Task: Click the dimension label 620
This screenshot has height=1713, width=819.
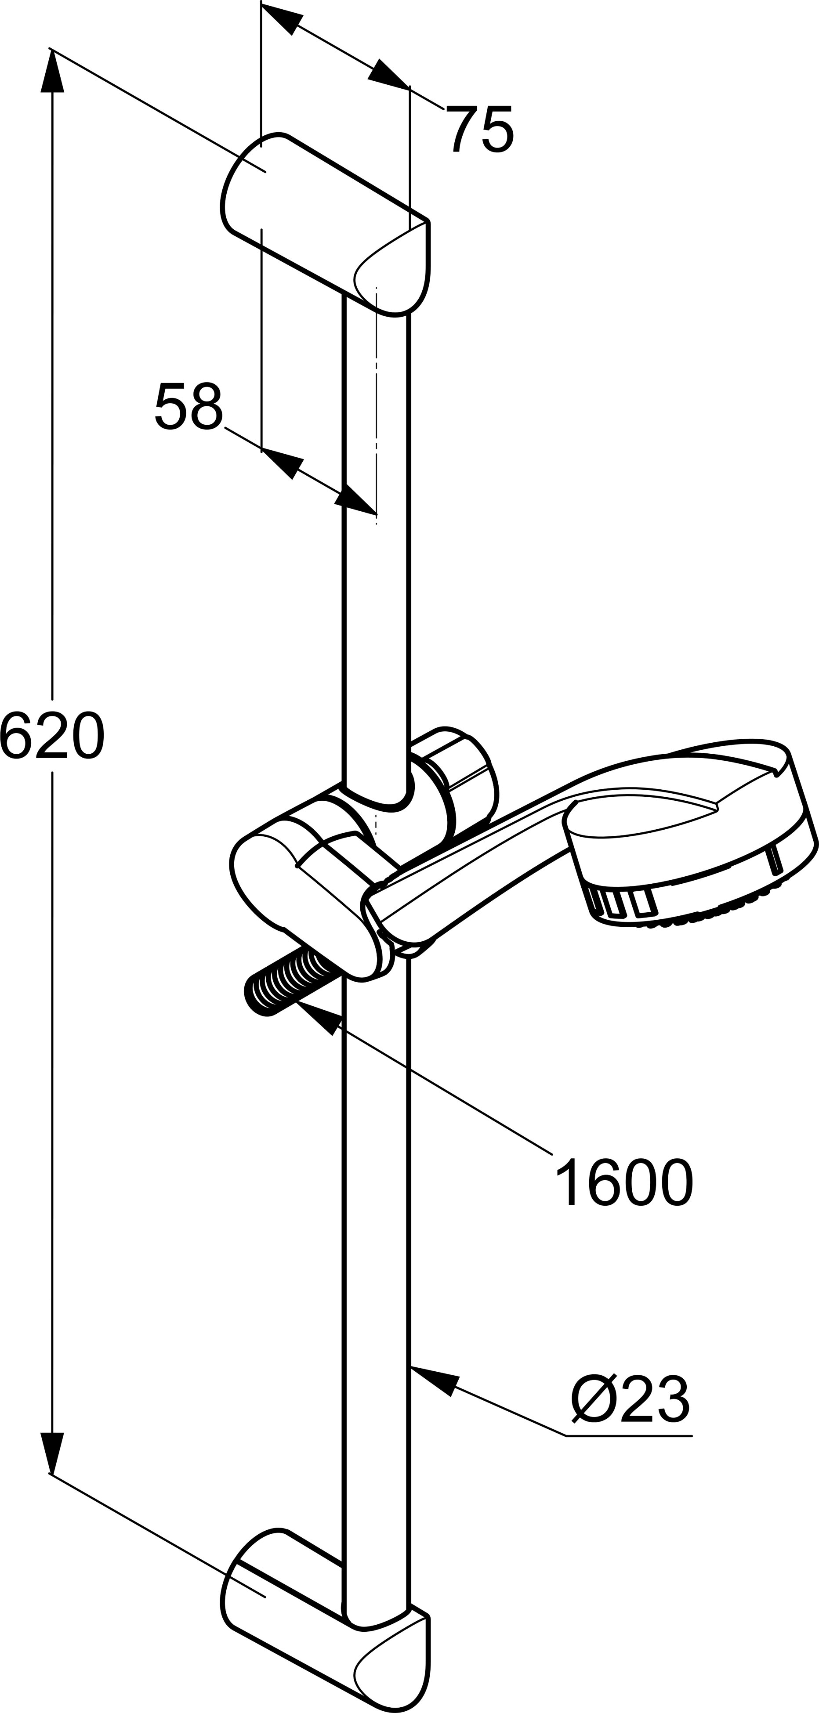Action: click(52, 735)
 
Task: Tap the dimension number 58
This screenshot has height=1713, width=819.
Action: click(188, 406)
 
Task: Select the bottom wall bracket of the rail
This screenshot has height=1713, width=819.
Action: click(326, 1623)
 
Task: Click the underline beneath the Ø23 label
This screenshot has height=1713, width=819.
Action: click(629, 1436)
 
